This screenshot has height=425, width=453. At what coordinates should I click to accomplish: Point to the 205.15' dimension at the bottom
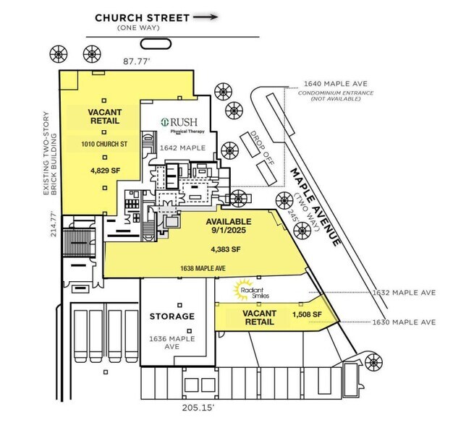198,408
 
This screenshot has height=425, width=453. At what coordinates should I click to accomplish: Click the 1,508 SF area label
306,314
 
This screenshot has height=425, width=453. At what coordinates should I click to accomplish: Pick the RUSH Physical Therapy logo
183,125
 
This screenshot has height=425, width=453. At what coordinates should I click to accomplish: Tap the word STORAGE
172,317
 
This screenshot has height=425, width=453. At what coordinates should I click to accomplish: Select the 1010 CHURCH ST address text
103,145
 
